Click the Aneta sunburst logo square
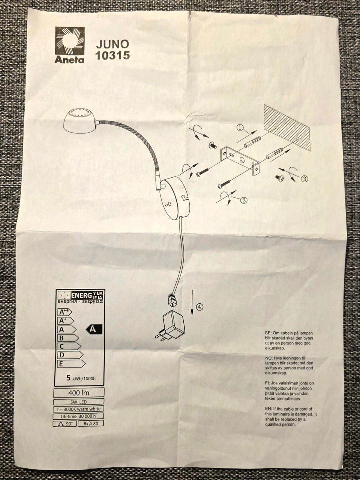70,41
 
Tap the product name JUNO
112,44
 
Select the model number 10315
112,55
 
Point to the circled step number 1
240,127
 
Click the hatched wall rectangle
287,127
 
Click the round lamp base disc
175,196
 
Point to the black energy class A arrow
94,329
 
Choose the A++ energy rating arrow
65,312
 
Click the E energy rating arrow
72,364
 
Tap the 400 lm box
79,393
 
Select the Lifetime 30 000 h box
78,416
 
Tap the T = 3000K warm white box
78,409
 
